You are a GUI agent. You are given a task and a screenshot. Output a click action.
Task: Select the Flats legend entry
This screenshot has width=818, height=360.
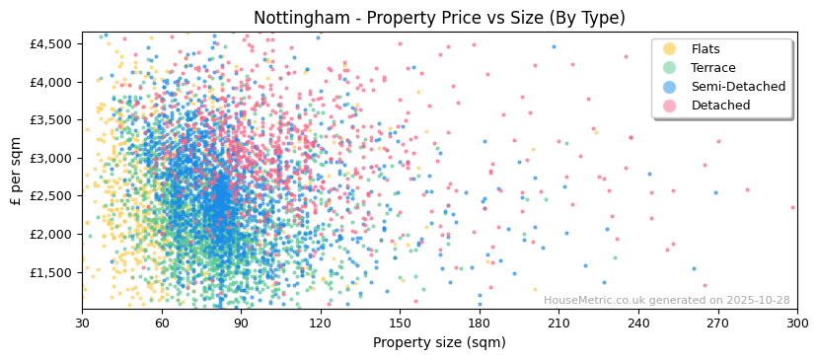click(x=706, y=49)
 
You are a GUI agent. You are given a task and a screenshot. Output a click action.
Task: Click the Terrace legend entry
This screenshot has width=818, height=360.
click(x=713, y=68)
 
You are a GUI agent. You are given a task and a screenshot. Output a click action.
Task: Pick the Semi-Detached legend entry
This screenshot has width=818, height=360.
click(x=738, y=87)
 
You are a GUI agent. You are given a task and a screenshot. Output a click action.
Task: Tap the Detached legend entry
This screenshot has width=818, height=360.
click(x=720, y=106)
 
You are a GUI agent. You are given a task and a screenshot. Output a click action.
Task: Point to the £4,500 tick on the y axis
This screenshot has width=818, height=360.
click(x=51, y=44)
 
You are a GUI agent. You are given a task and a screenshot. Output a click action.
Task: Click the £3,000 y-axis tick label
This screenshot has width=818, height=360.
click(x=51, y=159)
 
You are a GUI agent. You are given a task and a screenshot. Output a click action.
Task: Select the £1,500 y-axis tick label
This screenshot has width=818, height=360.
click(x=51, y=273)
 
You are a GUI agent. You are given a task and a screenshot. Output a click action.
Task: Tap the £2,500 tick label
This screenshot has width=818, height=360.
click(x=51, y=197)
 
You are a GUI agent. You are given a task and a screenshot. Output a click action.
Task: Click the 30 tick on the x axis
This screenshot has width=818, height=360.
click(x=82, y=323)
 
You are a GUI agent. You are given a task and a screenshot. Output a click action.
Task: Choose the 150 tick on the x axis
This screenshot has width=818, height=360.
click(x=400, y=323)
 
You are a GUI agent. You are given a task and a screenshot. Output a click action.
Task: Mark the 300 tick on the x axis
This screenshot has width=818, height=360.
click(x=796, y=323)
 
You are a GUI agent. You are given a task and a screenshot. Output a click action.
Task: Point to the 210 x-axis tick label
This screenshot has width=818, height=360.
click(x=558, y=323)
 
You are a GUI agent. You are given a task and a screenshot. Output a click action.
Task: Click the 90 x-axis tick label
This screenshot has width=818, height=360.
click(x=241, y=323)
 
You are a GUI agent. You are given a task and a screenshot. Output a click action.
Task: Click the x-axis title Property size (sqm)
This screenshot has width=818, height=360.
click(x=439, y=343)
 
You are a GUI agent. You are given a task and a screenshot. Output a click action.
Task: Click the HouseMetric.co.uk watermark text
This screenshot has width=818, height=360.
click(x=666, y=301)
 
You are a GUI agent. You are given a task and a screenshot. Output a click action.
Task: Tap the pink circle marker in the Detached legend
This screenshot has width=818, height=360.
click(x=669, y=106)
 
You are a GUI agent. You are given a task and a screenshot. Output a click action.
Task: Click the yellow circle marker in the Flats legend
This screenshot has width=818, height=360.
click(x=669, y=49)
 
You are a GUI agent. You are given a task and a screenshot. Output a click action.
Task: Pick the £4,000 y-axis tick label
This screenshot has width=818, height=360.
click(x=51, y=83)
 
